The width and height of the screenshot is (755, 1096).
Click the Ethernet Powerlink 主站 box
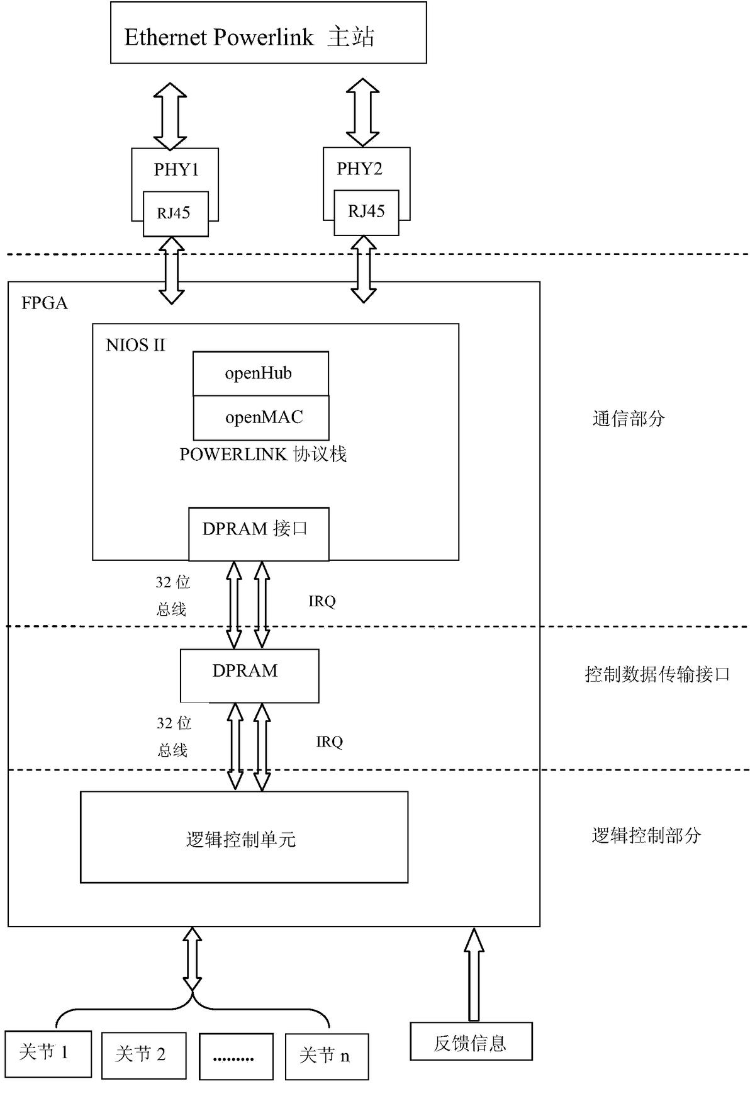point(268,33)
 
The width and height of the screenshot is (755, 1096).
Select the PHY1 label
point(176,169)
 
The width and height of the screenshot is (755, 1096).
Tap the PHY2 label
point(359,169)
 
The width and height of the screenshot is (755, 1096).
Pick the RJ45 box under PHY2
point(366,212)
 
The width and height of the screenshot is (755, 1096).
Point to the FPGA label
point(44,303)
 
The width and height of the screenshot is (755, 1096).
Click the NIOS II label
point(135,345)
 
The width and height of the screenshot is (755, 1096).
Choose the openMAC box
point(261,417)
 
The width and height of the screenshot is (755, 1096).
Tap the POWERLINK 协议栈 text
point(263,455)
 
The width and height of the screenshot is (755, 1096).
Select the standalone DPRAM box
point(249,675)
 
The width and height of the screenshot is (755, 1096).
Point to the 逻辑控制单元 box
point(244,837)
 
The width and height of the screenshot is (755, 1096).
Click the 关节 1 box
point(48,1053)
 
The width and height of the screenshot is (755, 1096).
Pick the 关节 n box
point(326,1056)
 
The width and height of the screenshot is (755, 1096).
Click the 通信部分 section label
point(629,419)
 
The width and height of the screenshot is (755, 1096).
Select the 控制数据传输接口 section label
point(657,675)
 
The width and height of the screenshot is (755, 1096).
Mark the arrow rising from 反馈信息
point(474,973)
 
